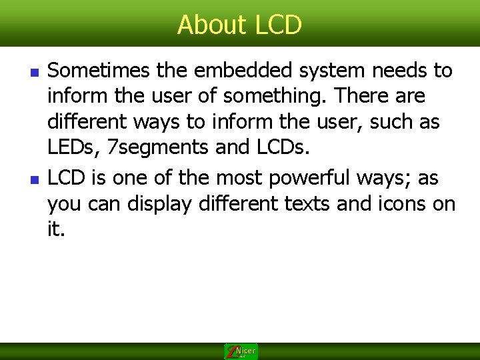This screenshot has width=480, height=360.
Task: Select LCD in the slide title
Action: click(x=279, y=25)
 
